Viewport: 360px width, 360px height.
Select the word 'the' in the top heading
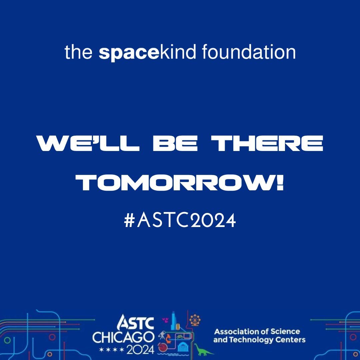click(x=79, y=52)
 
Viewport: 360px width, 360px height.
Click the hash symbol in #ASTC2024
click(x=129, y=220)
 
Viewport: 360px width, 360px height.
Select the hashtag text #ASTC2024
click(x=180, y=220)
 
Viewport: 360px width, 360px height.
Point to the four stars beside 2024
click(x=112, y=351)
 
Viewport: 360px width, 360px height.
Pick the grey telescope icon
click(x=162, y=334)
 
